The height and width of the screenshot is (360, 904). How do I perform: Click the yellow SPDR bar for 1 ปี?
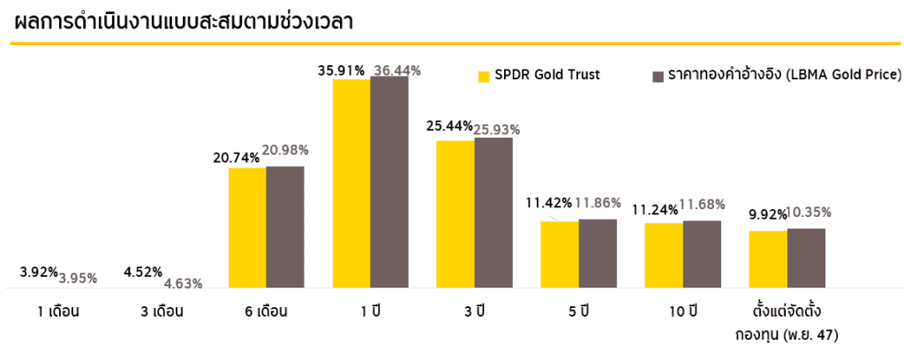click(351, 184)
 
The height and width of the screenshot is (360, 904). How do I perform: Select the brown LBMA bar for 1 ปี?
click(389, 182)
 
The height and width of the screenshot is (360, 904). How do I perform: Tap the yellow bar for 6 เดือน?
click(247, 228)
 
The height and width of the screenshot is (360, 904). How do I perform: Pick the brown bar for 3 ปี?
click(493, 213)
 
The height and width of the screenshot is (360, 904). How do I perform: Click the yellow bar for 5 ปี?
click(560, 255)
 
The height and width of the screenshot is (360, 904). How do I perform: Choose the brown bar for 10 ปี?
click(702, 254)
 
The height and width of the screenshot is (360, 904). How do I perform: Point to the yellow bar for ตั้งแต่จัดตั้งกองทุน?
click(768, 259)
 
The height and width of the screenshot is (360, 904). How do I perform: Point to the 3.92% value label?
click(39, 272)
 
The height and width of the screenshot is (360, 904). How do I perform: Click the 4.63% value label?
click(183, 283)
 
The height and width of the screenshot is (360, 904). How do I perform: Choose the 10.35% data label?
click(808, 212)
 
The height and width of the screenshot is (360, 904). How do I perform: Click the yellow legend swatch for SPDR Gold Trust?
click(483, 75)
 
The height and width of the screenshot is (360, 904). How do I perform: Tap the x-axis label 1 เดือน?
click(59, 311)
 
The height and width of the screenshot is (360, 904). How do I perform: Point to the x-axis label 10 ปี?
click(682, 311)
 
